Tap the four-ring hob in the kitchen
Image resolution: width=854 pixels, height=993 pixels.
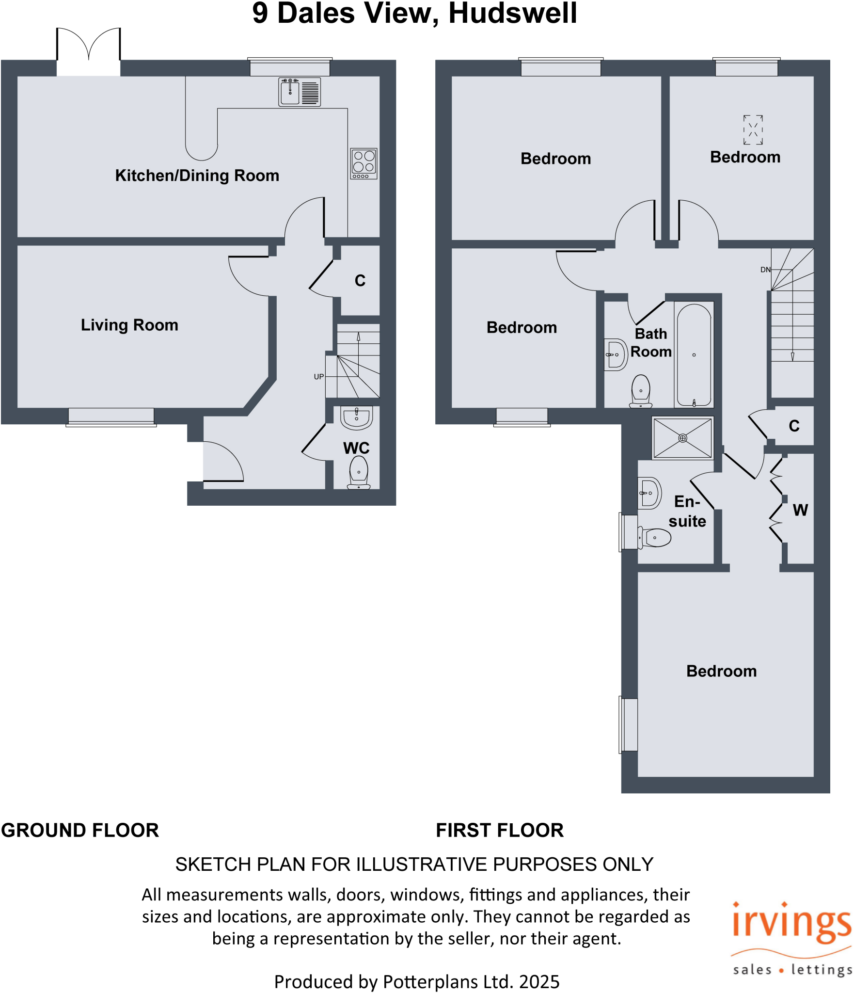point(364,163)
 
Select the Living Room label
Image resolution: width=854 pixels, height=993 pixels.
point(129,325)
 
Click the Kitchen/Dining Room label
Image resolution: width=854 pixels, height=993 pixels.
point(197,176)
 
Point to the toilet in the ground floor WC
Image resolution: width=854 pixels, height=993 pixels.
point(359,473)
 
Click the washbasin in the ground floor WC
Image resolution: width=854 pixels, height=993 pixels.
point(356,417)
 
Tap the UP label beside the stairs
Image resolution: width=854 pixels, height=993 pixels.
point(318,377)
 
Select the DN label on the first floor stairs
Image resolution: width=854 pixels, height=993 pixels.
point(765,270)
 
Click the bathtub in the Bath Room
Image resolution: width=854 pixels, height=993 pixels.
point(694,355)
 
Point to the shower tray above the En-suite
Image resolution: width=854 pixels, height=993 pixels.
point(682,438)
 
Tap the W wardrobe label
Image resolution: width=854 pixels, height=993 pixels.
point(800,510)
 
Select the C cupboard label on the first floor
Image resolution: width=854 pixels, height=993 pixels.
point(794,426)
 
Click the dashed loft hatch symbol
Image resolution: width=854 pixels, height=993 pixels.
point(753,129)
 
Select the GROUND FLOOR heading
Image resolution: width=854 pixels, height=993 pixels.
point(80,831)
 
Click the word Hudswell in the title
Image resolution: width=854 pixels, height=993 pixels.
point(512,13)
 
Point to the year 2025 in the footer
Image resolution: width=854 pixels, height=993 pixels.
point(539,982)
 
